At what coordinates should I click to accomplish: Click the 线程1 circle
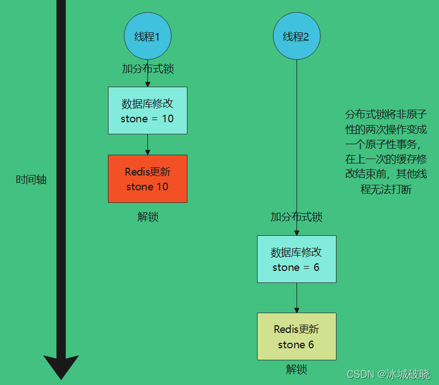(147, 36)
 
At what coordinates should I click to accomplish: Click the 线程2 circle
(297, 36)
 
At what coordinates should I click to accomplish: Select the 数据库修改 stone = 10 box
(147, 110)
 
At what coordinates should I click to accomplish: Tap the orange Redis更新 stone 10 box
(147, 179)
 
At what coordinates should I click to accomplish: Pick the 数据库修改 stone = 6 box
(297, 259)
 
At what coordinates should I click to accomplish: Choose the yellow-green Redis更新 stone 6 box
(297, 336)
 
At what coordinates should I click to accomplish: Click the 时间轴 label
(31, 179)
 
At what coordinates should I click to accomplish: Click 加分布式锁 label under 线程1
(147, 69)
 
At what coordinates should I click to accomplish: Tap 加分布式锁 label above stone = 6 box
(297, 217)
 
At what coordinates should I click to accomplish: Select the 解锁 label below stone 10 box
(147, 217)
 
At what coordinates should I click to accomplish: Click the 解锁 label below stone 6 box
(297, 369)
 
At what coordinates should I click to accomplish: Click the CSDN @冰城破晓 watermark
(389, 374)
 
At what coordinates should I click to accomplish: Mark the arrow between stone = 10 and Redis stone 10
(147, 144)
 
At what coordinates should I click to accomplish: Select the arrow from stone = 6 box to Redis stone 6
(297, 298)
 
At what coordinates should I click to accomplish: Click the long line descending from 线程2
(297, 137)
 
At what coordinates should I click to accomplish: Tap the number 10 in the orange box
(162, 187)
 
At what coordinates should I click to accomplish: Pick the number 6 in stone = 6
(316, 268)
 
